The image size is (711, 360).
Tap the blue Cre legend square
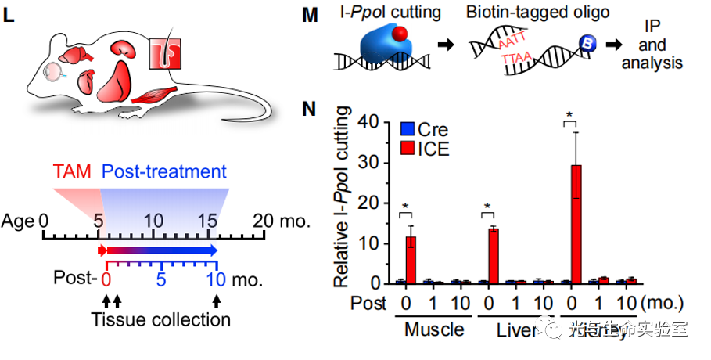408,130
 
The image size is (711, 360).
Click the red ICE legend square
408,148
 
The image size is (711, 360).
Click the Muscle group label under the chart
433,329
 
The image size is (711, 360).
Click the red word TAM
72,172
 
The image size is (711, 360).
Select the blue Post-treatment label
164,172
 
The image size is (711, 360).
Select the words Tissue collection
160,319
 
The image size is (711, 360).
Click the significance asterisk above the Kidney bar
570,115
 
